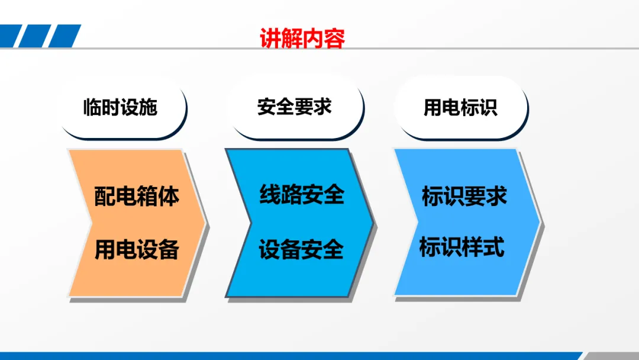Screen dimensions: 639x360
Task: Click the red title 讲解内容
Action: click(302, 38)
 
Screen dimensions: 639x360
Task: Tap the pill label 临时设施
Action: click(120, 107)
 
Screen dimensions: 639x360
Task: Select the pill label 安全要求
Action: click(294, 107)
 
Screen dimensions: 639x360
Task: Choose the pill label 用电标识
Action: click(460, 108)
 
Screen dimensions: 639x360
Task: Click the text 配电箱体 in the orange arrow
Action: click(137, 196)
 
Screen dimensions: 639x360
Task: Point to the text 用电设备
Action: click(137, 249)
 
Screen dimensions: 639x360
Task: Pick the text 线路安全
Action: click(302, 194)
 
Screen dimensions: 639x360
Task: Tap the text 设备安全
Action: click(301, 249)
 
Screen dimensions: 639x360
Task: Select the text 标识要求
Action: click(464, 196)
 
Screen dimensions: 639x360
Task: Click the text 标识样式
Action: click(461, 247)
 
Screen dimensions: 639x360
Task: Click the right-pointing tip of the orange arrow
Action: click(205, 223)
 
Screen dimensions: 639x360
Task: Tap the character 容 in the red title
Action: click(334, 38)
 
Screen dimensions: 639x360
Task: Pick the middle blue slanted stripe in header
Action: click(35, 36)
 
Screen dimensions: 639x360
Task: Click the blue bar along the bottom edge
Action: click(290, 356)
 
